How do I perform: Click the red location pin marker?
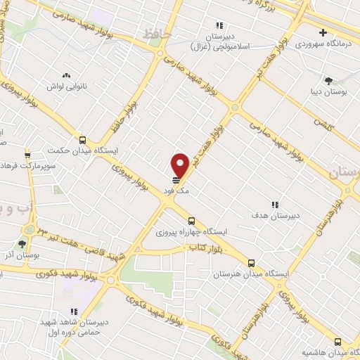(x=180, y=165)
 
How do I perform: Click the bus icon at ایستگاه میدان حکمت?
(x=83, y=140)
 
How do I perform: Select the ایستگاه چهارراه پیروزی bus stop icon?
(x=191, y=221)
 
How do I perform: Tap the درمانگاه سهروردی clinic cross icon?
(x=323, y=32)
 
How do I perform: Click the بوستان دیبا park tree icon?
(x=328, y=80)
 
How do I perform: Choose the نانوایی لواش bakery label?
(x=67, y=85)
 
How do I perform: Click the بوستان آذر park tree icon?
(x=22, y=244)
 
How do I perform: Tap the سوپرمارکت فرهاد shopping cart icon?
(x=27, y=155)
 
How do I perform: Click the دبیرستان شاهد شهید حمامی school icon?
(x=72, y=311)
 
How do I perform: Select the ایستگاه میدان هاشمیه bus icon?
(x=337, y=340)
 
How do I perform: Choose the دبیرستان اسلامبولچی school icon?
(x=219, y=26)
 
